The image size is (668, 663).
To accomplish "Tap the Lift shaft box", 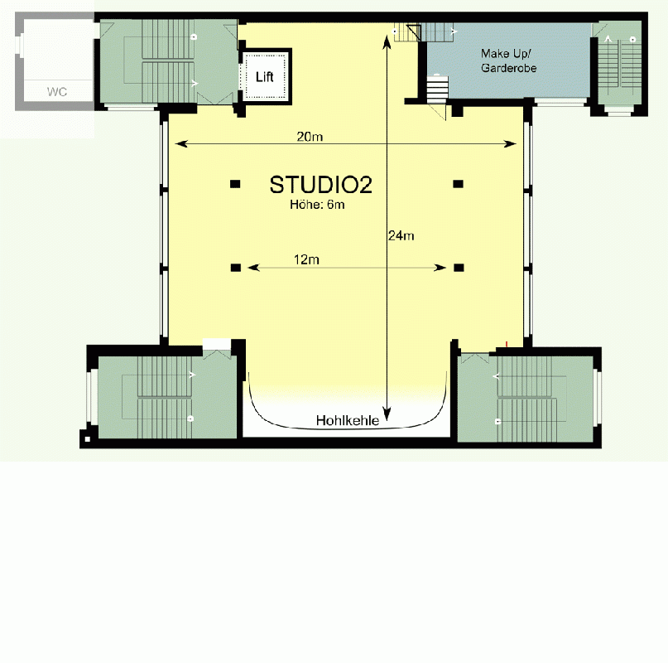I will (265, 76).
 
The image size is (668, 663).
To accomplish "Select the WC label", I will (56, 92).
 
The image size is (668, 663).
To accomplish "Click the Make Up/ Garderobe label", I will (508, 60).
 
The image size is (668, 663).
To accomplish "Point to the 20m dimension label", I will (310, 136).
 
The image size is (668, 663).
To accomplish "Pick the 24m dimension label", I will (401, 235).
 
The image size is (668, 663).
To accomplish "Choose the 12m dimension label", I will (306, 259).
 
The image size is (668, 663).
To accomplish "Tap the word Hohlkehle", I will (347, 421).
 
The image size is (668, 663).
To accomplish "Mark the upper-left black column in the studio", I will (236, 183).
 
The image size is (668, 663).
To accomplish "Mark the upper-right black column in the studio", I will (458, 183).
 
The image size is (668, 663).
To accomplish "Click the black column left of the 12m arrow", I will (236, 267).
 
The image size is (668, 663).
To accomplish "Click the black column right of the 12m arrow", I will (458, 267).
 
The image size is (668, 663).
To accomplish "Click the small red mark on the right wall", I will (506, 343).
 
